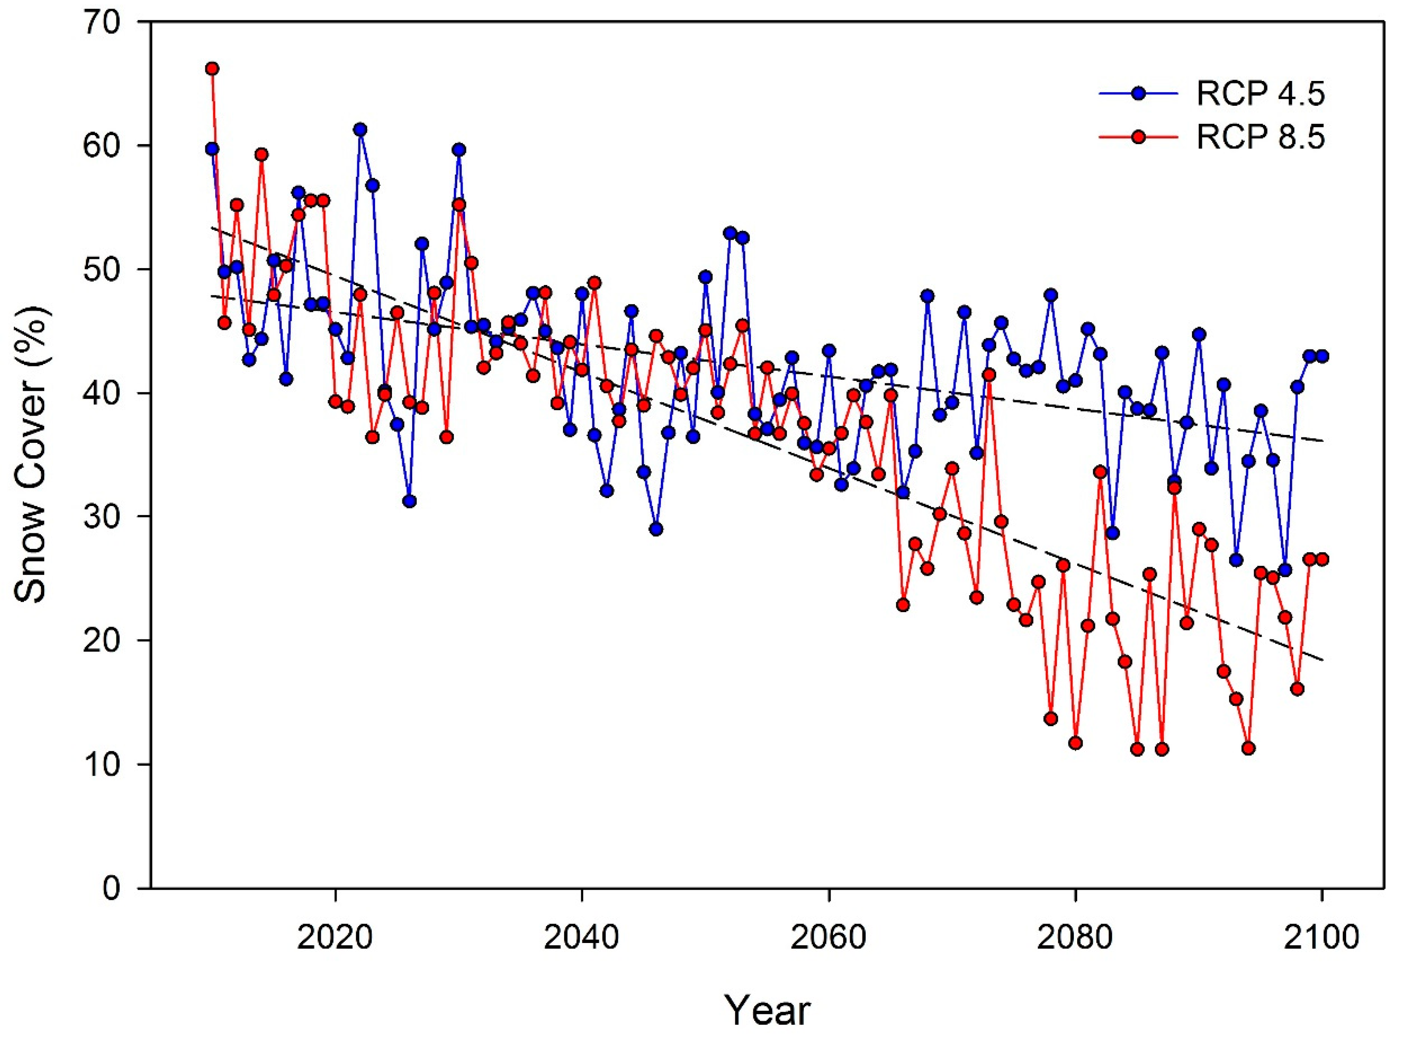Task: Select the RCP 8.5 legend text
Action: click(x=1260, y=138)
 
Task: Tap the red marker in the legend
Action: click(x=1138, y=138)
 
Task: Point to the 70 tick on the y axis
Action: click(x=118, y=22)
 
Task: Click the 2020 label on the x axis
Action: click(x=335, y=938)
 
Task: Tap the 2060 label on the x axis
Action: click(x=829, y=938)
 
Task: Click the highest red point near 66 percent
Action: click(x=212, y=69)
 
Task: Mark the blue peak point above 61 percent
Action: click(x=360, y=129)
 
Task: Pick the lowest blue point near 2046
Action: click(x=656, y=529)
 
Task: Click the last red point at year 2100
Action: click(x=1322, y=559)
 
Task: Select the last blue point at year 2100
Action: click(x=1322, y=356)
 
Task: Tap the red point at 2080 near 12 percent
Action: click(x=1075, y=743)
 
